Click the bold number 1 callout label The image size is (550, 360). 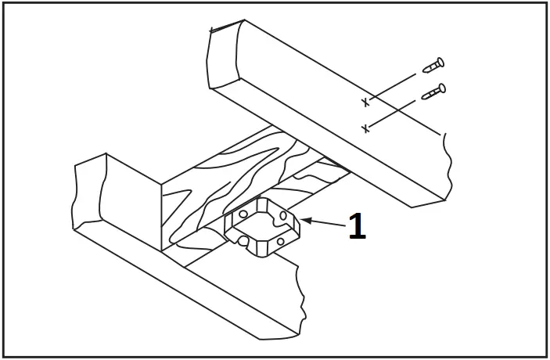pos(357,227)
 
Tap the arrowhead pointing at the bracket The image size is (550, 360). pos(306,221)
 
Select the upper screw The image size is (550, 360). pos(433,66)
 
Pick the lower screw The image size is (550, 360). pos(433,92)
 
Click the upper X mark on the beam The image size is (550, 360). pos(365,103)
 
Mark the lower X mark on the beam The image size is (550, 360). pos(365,128)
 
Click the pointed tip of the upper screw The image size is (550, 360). pos(424,71)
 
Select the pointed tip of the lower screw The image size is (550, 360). pos(423,97)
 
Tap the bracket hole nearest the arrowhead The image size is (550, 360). pos(283,215)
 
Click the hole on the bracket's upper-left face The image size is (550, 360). pos(243,214)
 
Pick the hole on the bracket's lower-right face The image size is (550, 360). pos(280,242)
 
